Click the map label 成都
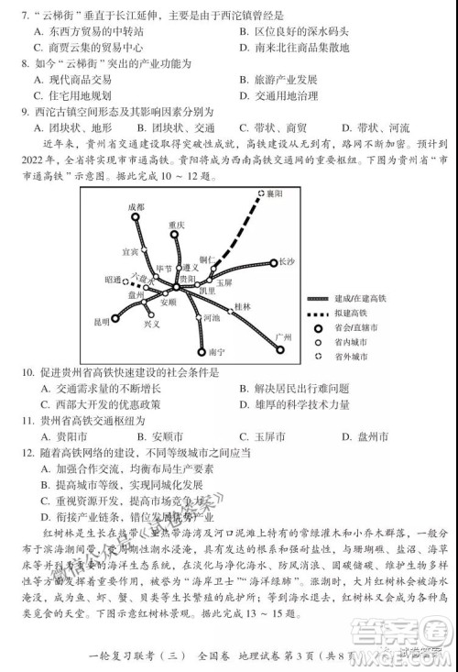[x=136, y=208]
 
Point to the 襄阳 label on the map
[x=272, y=194]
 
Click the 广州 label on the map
[x=283, y=338]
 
